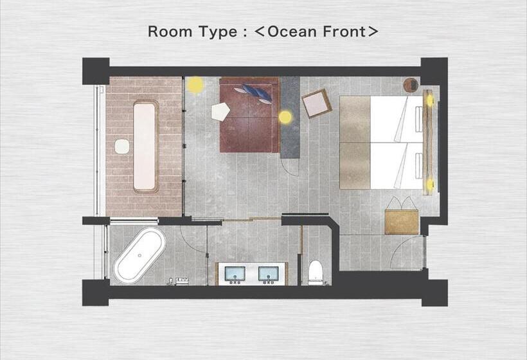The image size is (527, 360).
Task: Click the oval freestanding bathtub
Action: coord(139,254)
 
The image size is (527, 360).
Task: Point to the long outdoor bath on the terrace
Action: coord(145,147)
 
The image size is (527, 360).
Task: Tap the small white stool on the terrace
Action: coord(121,147)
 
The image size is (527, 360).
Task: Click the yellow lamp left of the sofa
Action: coord(195,84)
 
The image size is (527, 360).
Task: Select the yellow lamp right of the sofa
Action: coord(285,117)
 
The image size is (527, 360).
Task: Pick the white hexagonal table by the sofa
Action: coord(220,111)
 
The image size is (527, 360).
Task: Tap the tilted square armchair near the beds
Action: coord(316,104)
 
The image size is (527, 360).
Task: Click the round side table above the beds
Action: coord(411,84)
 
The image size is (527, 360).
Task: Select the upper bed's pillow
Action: coord(418,118)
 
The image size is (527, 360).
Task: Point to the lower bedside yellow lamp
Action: coord(429,184)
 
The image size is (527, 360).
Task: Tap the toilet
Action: coord(316,272)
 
